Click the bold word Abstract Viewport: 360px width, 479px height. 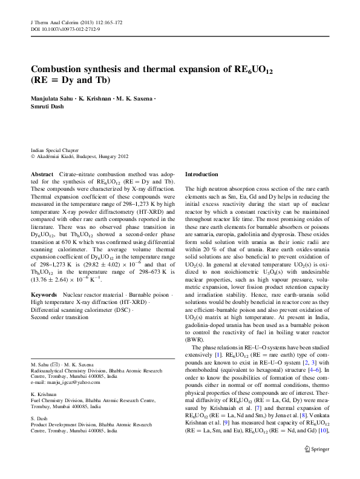(x=41, y=174)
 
